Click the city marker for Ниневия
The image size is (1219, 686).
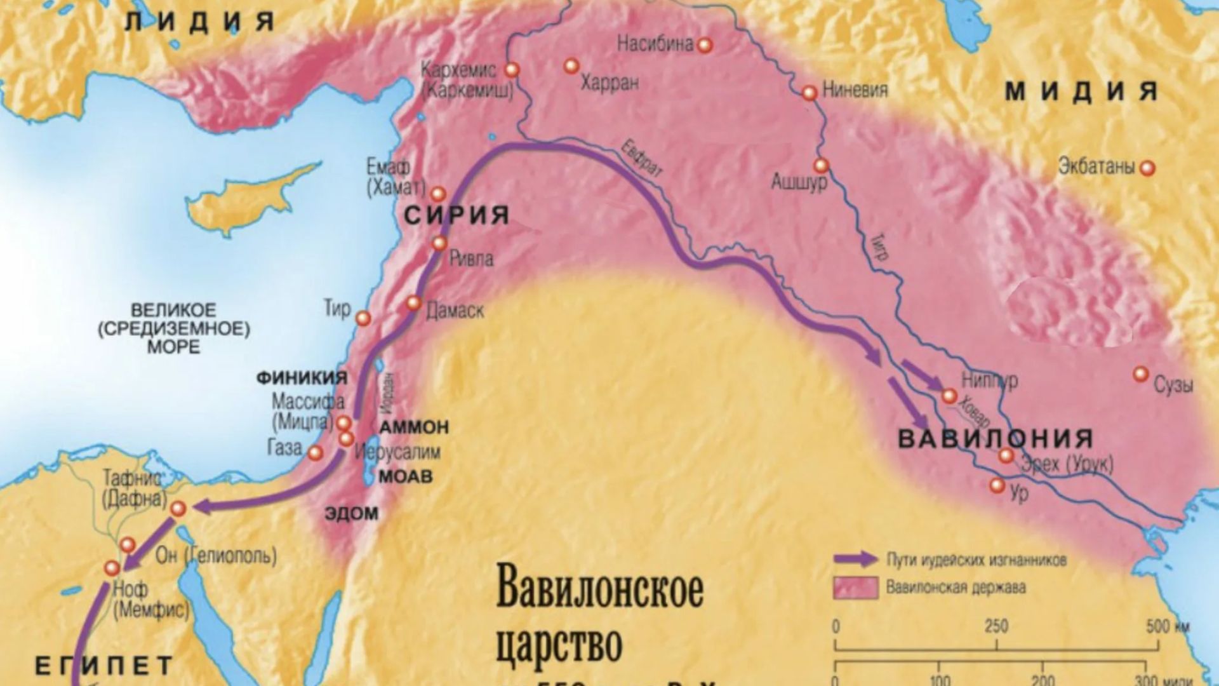click(x=809, y=93)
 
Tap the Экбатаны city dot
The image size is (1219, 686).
click(x=1147, y=168)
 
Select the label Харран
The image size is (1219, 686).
click(x=609, y=83)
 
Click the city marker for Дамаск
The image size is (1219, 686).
click(x=413, y=304)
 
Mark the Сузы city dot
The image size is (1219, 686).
click(x=1141, y=373)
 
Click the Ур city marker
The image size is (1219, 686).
click(x=997, y=486)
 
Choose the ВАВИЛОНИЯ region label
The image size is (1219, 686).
click(x=996, y=439)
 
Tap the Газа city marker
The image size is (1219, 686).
click(x=315, y=453)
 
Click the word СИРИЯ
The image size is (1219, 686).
click(x=457, y=215)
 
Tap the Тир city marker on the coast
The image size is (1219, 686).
click(x=363, y=318)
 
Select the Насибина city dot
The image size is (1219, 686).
click(x=705, y=45)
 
